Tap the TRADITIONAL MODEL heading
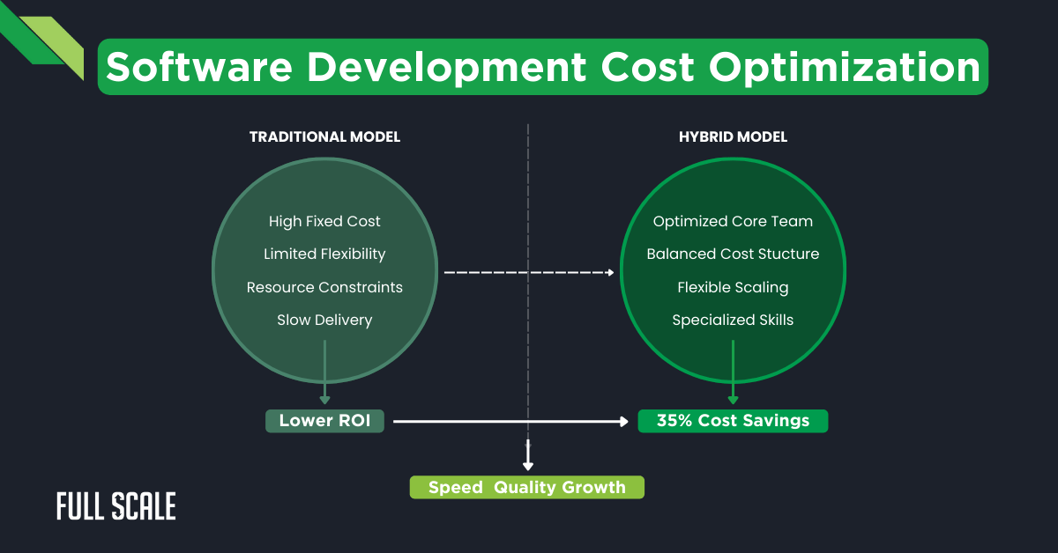click(x=324, y=137)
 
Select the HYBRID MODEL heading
click(x=733, y=137)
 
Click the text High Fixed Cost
click(x=324, y=221)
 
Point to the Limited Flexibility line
click(x=324, y=254)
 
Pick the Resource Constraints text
click(x=324, y=287)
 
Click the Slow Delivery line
click(x=324, y=320)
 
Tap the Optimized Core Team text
click(x=733, y=221)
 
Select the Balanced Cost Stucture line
click(x=733, y=254)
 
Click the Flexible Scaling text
click(x=733, y=287)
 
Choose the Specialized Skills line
click(x=733, y=320)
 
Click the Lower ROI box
click(x=324, y=421)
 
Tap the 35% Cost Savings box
click(x=733, y=421)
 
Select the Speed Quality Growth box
click(x=526, y=487)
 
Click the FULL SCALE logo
click(x=115, y=506)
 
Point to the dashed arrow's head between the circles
click(x=610, y=273)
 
